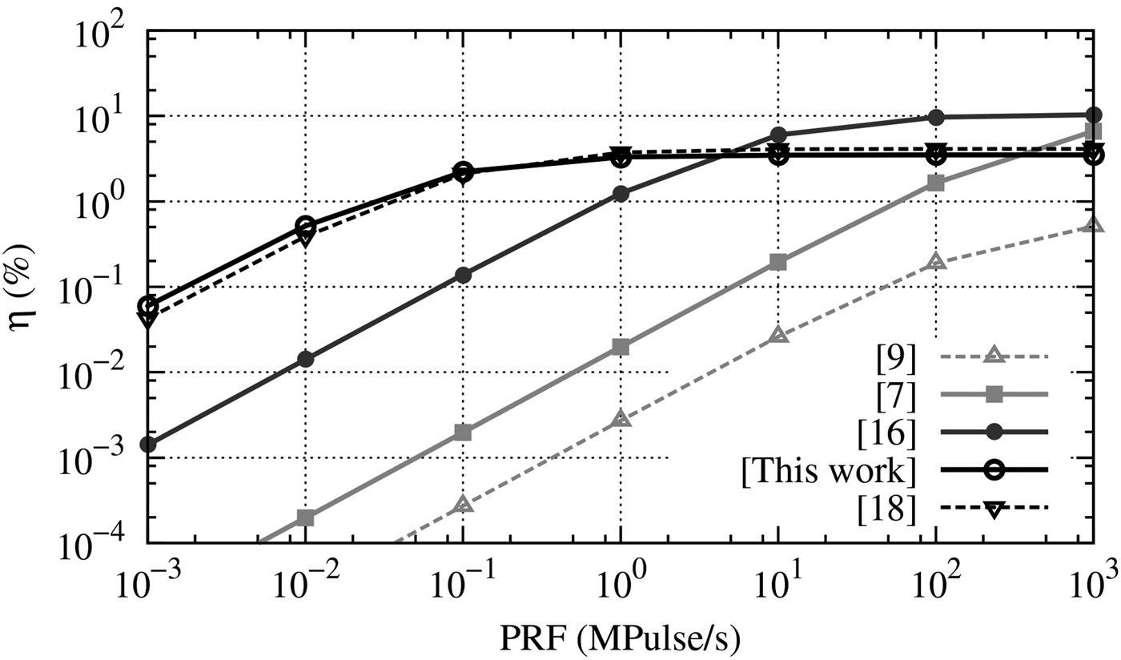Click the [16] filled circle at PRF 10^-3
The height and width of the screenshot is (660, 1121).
pyautogui.click(x=147, y=445)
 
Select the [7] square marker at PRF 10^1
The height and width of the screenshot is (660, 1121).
pyautogui.click(x=777, y=262)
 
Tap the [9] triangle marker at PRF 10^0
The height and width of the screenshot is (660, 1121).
pyautogui.click(x=621, y=418)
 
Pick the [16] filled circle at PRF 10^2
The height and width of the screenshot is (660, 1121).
pyautogui.click(x=935, y=117)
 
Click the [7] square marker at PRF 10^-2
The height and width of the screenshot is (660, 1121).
pyautogui.click(x=305, y=517)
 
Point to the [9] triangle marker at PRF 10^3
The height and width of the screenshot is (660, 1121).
pyautogui.click(x=1094, y=226)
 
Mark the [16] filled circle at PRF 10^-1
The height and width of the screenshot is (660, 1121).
pyautogui.click(x=463, y=276)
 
